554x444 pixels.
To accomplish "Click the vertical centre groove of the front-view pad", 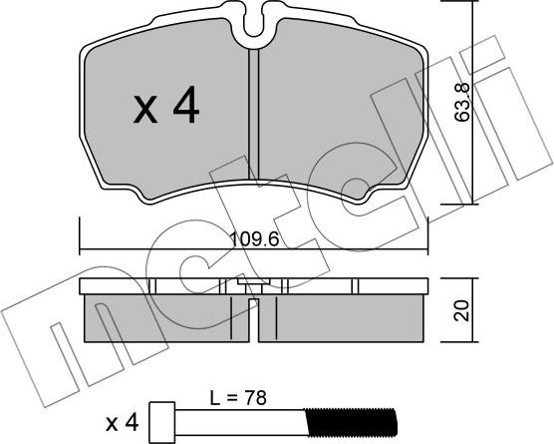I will [254, 120].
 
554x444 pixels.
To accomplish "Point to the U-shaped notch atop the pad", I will [254, 24].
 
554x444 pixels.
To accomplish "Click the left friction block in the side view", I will [159, 317].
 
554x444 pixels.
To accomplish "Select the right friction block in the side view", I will [349, 317].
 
